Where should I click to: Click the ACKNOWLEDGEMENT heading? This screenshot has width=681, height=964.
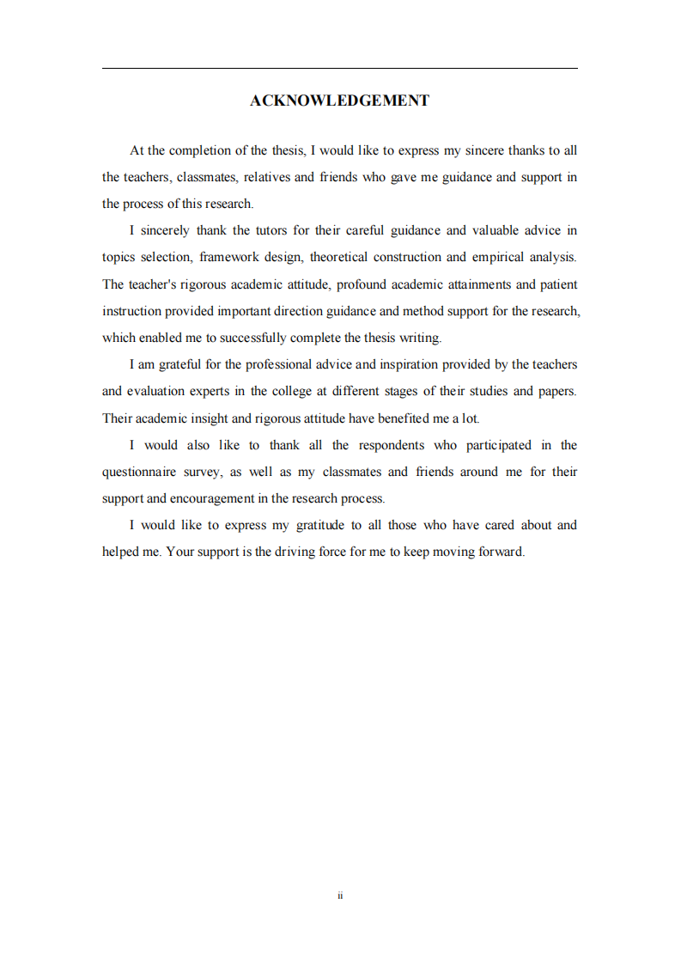click(339, 101)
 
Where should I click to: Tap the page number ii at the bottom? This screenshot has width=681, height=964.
click(340, 895)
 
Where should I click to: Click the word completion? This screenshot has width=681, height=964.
click(199, 150)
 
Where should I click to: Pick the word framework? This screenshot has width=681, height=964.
click(234, 257)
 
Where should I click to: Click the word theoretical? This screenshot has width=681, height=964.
click(338, 257)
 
